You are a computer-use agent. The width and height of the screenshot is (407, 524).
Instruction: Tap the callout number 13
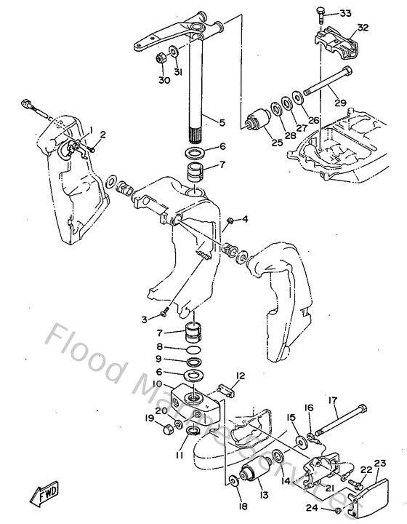point(262,495)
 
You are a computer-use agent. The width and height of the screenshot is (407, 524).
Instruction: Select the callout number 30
point(164,80)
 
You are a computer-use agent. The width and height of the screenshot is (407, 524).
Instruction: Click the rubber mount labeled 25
point(257,119)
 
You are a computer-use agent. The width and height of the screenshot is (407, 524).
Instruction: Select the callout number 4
point(245,218)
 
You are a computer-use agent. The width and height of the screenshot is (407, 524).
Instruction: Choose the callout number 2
point(102,135)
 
